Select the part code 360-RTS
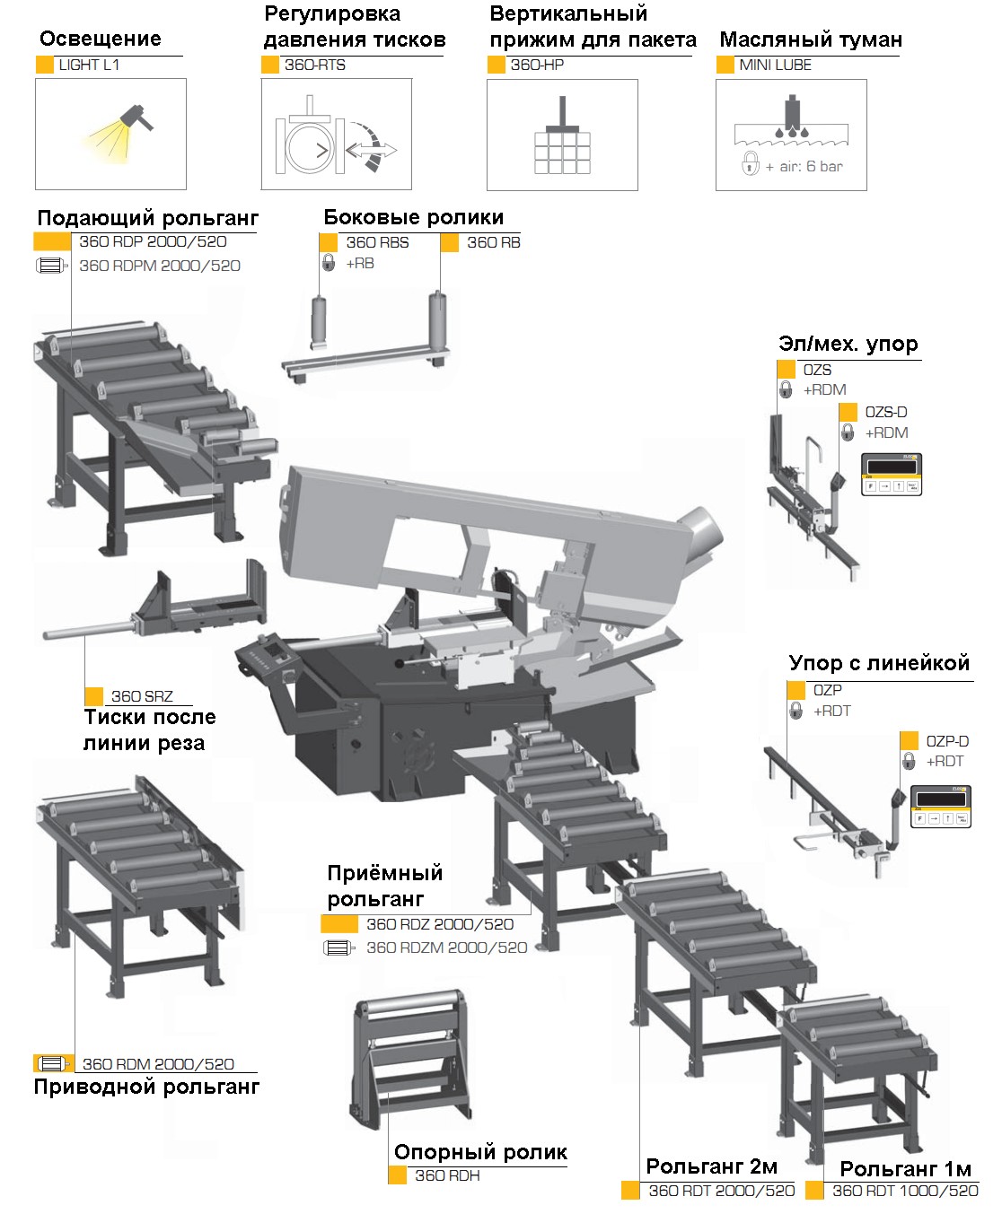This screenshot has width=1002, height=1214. click(315, 66)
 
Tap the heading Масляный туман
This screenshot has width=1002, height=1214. click(811, 39)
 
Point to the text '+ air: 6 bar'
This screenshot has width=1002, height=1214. click(804, 167)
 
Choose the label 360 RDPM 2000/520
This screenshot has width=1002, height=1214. click(160, 266)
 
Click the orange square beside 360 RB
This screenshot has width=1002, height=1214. click(450, 243)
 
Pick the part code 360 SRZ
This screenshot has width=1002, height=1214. click(142, 696)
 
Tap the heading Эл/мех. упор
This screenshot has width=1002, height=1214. click(848, 345)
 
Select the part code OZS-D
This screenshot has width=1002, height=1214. click(885, 412)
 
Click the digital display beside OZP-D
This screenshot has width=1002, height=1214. click(940, 807)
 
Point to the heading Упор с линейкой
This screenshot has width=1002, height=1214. click(879, 663)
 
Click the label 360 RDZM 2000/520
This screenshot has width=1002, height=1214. click(446, 948)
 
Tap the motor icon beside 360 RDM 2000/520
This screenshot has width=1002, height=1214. click(53, 1064)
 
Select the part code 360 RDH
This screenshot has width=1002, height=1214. click(447, 1175)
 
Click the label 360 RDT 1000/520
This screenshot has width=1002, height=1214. click(905, 1191)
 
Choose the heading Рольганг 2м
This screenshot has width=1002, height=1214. click(711, 1166)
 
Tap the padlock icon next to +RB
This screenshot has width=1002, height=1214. click(329, 263)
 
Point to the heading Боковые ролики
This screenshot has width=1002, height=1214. click(414, 217)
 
